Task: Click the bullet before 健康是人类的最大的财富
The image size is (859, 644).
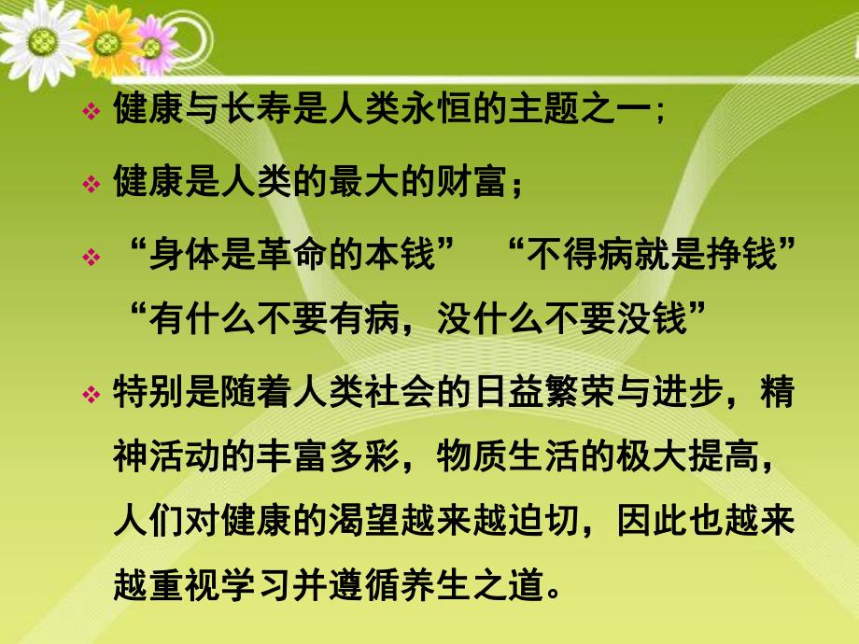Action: point(91,184)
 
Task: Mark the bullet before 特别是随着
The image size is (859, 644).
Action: point(91,397)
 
